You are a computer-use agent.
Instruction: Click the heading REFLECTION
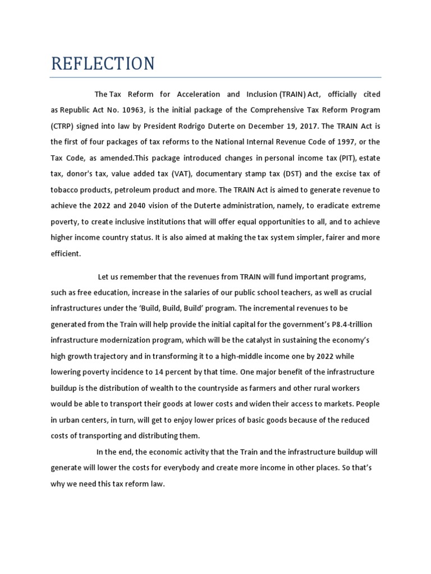[x=103, y=63]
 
